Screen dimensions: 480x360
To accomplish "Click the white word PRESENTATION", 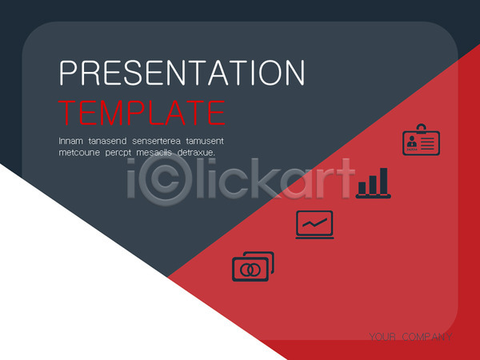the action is coord(182,73).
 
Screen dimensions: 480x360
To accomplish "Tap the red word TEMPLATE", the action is coord(142,113).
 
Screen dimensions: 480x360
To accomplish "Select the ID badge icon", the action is coord(422,139).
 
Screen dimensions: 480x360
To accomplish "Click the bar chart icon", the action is coord(373,182).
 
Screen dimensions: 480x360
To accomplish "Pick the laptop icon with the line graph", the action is coord(314,225).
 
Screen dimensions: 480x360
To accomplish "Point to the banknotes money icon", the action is coord(253,266).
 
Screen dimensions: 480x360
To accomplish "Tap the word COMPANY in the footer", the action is coord(427,337).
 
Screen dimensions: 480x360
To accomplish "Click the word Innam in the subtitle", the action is coord(70,141).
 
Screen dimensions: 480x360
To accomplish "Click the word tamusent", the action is coord(205,141).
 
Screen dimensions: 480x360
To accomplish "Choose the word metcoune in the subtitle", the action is coord(79,153).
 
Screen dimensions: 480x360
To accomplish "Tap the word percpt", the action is coord(118,153).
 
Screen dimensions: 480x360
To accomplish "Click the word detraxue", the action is coord(196,153).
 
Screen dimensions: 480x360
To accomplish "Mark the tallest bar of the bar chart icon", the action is coord(383,181).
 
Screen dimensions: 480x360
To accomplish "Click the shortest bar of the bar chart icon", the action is coord(362,188).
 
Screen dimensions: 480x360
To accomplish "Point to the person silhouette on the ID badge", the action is coord(412,142).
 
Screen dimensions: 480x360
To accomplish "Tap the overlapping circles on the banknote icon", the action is coord(250,270).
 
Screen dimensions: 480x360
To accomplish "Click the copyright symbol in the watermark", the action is coord(166,179).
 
